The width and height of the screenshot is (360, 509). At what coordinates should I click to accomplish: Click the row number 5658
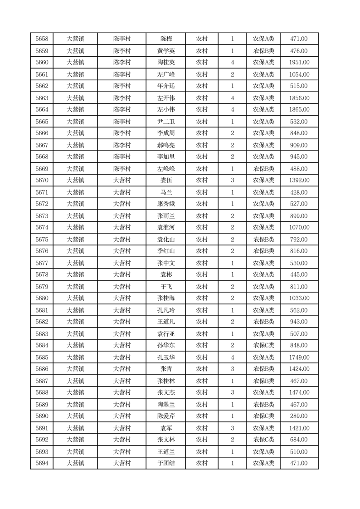coord(41,39)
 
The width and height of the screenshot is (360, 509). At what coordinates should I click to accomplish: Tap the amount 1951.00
coord(299,63)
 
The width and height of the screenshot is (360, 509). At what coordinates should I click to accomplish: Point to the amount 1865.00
coord(299,109)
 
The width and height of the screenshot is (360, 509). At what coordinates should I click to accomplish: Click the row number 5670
coord(41,181)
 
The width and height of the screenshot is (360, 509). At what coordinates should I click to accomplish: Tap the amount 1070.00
coord(299,227)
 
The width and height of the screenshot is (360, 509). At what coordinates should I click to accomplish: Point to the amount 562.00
coord(299,310)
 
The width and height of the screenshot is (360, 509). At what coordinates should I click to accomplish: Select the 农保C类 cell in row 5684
coord(263,345)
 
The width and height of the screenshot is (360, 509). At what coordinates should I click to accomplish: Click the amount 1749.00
coord(299,357)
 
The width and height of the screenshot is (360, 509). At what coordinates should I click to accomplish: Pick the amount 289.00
coord(299,416)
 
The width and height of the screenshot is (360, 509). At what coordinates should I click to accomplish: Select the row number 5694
coord(41,463)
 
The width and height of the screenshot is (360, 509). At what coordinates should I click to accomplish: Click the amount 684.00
coord(299,440)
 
